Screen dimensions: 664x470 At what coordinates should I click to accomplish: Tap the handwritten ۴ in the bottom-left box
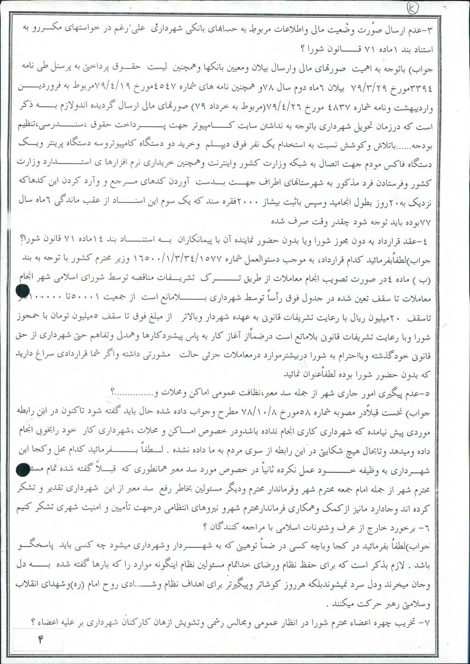(x=41, y=639)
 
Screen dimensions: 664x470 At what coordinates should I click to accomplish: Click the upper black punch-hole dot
(x=22, y=291)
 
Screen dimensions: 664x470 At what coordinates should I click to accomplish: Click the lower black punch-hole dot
(x=22, y=469)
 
